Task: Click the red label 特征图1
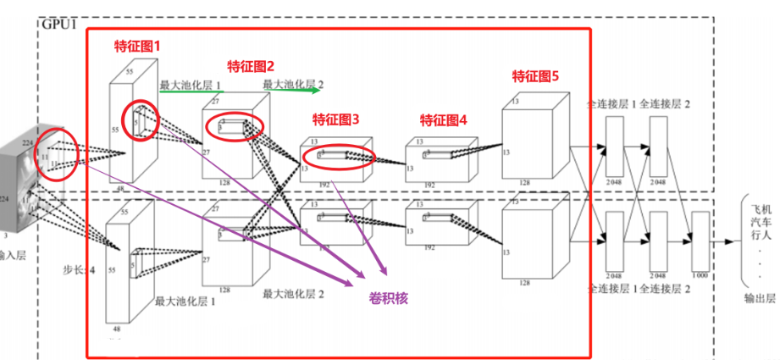[137, 46]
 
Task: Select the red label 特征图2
[252, 64]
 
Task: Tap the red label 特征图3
[336, 119]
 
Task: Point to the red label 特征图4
[444, 119]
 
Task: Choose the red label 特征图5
[535, 75]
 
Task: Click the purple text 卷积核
[389, 296]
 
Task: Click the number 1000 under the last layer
[699, 276]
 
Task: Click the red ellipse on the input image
[57, 153]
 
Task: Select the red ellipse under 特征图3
[337, 158]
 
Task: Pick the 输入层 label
[13, 254]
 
